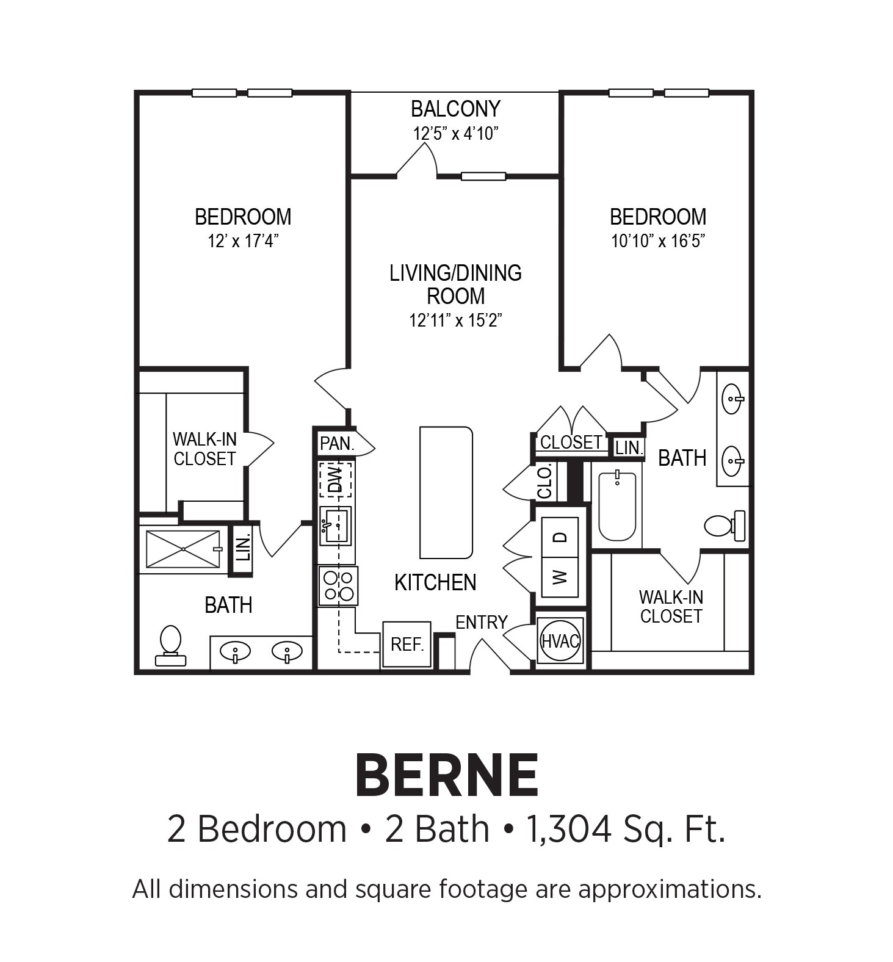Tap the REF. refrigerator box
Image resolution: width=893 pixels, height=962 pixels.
point(407,645)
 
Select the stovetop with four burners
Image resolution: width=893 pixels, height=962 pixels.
point(338,585)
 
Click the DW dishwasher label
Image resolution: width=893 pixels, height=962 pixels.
point(335,479)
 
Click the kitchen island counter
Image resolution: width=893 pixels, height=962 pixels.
point(446,492)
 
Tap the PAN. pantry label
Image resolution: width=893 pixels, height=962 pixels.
point(337,444)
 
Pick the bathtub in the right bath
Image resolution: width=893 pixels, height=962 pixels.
point(617,506)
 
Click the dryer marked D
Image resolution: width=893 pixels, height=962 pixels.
point(560,537)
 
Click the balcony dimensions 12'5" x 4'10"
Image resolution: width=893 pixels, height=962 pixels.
point(456,133)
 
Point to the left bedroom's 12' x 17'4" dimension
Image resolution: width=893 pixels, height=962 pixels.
point(243,240)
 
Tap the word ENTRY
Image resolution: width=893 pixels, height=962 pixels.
point(482,622)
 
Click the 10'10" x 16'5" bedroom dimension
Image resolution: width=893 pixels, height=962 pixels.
point(658,240)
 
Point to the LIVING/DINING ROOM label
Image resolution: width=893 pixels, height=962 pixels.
point(456,284)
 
